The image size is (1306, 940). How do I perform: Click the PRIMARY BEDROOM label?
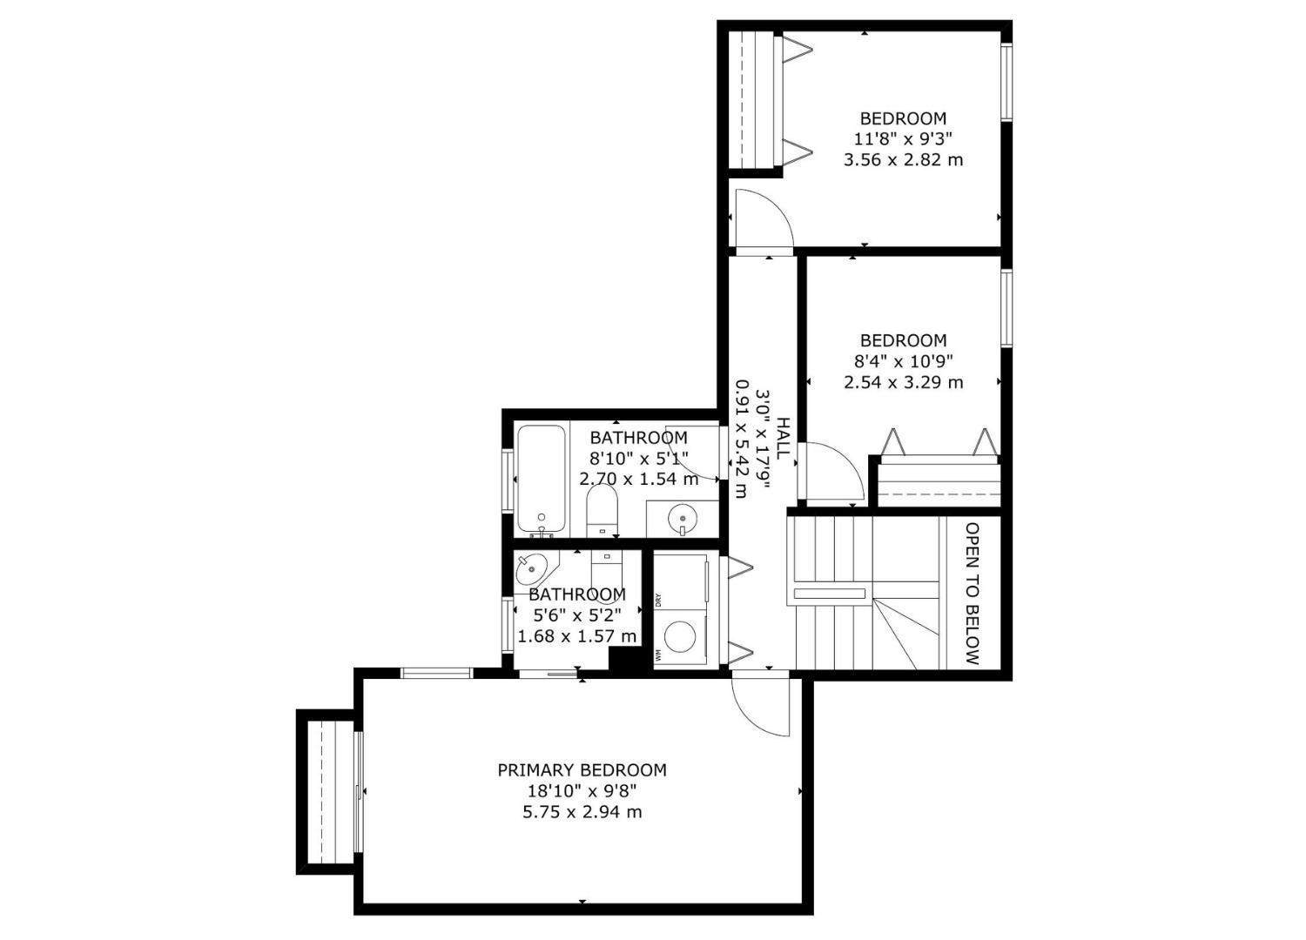[x=582, y=770]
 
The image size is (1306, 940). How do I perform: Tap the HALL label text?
[x=783, y=438]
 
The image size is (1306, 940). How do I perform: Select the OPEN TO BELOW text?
[x=973, y=593]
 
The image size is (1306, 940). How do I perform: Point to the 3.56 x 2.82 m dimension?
[x=903, y=160]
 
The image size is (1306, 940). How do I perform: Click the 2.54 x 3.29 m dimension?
[x=903, y=382]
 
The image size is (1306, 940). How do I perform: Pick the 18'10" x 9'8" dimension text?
[x=582, y=791]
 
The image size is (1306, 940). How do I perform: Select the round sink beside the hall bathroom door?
[x=683, y=520]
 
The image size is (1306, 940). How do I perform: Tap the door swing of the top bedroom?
[x=761, y=219]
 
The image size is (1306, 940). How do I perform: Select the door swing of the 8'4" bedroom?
[x=830, y=474]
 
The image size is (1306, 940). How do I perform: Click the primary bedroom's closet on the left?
[x=328, y=791]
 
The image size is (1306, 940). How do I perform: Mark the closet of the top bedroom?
[x=751, y=100]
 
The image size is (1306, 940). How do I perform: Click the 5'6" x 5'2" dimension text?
[x=577, y=615]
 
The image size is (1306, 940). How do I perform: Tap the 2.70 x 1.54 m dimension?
[x=639, y=479]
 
